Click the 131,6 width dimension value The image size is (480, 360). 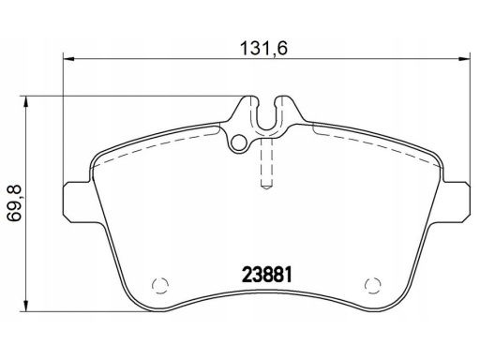[263, 49]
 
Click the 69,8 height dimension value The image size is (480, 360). [14, 203]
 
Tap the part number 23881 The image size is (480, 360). [267, 275]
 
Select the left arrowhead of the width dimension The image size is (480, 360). [68, 58]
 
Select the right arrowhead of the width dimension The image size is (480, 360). [465, 58]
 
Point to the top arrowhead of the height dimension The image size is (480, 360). [26, 102]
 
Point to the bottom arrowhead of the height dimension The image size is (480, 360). [26, 306]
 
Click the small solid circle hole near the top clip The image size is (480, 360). [238, 142]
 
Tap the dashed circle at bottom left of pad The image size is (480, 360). [160, 285]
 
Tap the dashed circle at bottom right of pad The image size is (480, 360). [373, 285]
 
